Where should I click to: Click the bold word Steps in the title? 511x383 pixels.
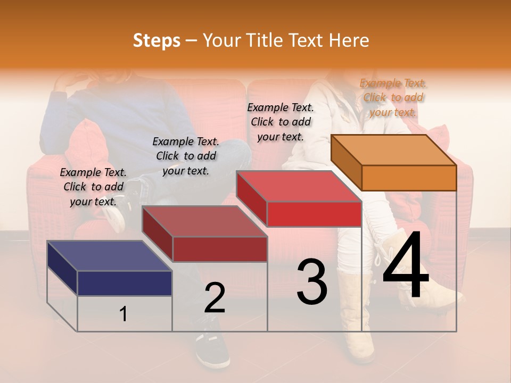[x=156, y=40]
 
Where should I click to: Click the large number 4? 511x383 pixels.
[x=406, y=266]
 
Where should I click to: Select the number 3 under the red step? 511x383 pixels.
[x=311, y=282]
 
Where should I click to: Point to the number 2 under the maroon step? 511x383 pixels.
[x=215, y=298]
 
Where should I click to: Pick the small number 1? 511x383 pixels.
[x=123, y=314]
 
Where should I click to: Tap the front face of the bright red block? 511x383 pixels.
[x=314, y=214]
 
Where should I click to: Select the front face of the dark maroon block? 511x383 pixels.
[x=220, y=249]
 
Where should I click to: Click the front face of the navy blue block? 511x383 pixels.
[x=125, y=283]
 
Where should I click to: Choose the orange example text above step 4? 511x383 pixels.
[x=393, y=97]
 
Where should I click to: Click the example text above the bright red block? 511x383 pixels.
[x=281, y=122]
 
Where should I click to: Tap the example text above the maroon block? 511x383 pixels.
[x=186, y=156]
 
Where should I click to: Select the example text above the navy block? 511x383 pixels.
[x=93, y=187]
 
